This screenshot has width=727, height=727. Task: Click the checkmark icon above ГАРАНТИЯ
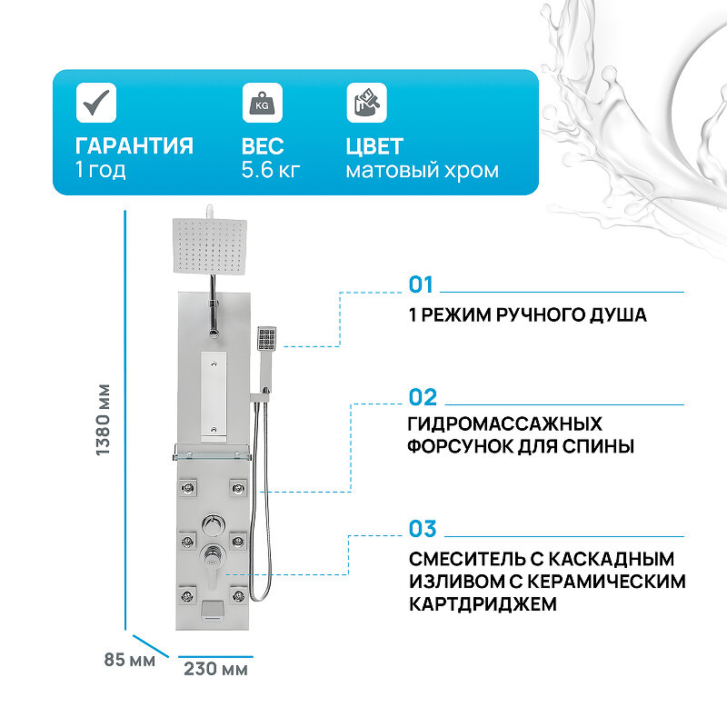point(95,103)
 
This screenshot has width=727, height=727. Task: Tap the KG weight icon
point(261,103)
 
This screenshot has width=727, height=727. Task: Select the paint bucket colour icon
point(366,103)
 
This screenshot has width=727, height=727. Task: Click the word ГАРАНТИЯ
point(134,146)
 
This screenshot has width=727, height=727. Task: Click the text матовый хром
point(422,170)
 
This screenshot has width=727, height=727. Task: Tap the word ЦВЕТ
point(374,146)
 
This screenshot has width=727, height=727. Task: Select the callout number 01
point(421,285)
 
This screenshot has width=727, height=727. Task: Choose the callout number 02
point(423,397)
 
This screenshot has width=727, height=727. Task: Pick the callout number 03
point(423,529)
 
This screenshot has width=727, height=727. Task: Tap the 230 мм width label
point(215,670)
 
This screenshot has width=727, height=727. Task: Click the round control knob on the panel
point(212,525)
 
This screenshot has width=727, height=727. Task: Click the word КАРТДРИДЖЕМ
point(483,604)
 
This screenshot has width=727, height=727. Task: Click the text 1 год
point(100,170)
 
